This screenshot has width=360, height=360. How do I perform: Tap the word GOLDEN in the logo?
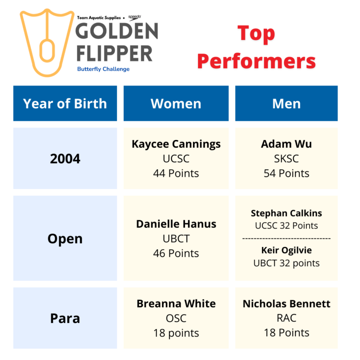click(117, 31)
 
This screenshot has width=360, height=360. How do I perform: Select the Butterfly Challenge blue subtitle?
click(103, 69)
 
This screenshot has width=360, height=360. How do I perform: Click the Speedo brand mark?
click(135, 18)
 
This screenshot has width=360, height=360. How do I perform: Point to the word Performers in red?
click(256, 61)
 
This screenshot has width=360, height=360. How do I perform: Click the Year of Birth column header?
click(65, 103)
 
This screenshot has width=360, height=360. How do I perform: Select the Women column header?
click(176, 103)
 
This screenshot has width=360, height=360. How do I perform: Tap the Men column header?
click(287, 103)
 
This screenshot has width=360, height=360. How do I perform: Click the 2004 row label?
click(65, 159)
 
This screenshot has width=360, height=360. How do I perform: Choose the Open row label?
click(65, 239)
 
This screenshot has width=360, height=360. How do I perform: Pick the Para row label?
click(65, 319)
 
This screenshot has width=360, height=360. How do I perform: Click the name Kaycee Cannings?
click(176, 144)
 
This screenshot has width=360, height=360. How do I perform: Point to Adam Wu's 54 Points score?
click(287, 173)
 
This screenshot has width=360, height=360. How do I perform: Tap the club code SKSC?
click(287, 159)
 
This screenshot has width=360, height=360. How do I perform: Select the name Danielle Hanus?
click(176, 224)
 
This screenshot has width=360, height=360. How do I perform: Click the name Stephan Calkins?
click(287, 213)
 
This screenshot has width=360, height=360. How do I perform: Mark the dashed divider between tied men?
click(287, 239)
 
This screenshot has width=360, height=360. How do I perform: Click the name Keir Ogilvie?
click(287, 251)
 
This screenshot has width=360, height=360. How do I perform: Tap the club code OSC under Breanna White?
click(176, 319)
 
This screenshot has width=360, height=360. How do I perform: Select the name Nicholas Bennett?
click(287, 304)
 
